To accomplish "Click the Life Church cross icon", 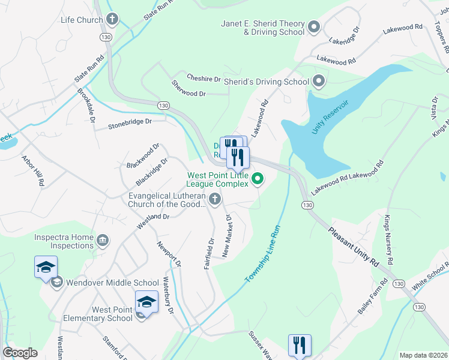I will tap(112, 20).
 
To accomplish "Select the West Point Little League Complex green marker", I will tap(258, 178).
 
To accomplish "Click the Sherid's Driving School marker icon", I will tap(319, 81).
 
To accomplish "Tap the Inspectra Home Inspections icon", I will tap(103, 241).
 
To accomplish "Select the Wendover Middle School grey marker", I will tap(58, 283).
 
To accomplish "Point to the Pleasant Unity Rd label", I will tap(354, 246).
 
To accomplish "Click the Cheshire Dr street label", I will tap(203, 79).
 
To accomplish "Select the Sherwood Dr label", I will tap(188, 89).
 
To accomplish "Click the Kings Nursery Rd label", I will tap(391, 240).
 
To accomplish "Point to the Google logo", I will tap(20, 352).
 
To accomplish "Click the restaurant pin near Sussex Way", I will tap(299, 346).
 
